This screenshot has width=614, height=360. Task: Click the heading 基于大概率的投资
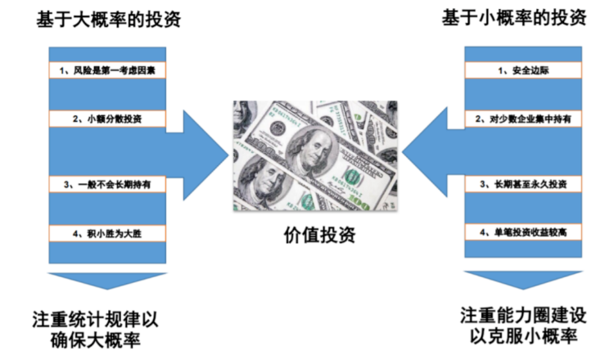(x=108, y=19)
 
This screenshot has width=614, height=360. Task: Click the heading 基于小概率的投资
(x=514, y=18)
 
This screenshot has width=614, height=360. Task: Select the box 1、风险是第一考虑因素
(x=107, y=70)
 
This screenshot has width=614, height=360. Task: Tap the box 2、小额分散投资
(x=107, y=119)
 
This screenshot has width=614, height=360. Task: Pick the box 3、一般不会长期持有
(x=107, y=184)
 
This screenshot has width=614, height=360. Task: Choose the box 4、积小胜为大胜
(x=107, y=234)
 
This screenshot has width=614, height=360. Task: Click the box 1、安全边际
(x=523, y=70)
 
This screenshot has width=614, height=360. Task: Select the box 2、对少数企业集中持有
(x=523, y=119)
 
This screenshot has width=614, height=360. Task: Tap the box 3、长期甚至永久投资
(x=523, y=184)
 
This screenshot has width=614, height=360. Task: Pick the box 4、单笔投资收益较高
(x=523, y=232)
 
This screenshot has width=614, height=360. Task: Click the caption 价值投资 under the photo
(x=319, y=235)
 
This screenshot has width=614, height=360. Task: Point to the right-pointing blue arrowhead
(x=205, y=155)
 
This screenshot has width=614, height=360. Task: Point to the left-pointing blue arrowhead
(x=425, y=152)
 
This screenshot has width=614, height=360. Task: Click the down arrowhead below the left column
(x=107, y=281)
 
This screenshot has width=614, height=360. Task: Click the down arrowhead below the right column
(x=523, y=279)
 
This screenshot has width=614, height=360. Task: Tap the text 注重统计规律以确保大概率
(x=96, y=330)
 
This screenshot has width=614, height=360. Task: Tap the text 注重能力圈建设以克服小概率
(x=523, y=326)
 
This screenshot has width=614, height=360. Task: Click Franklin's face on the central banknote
(x=314, y=150)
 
